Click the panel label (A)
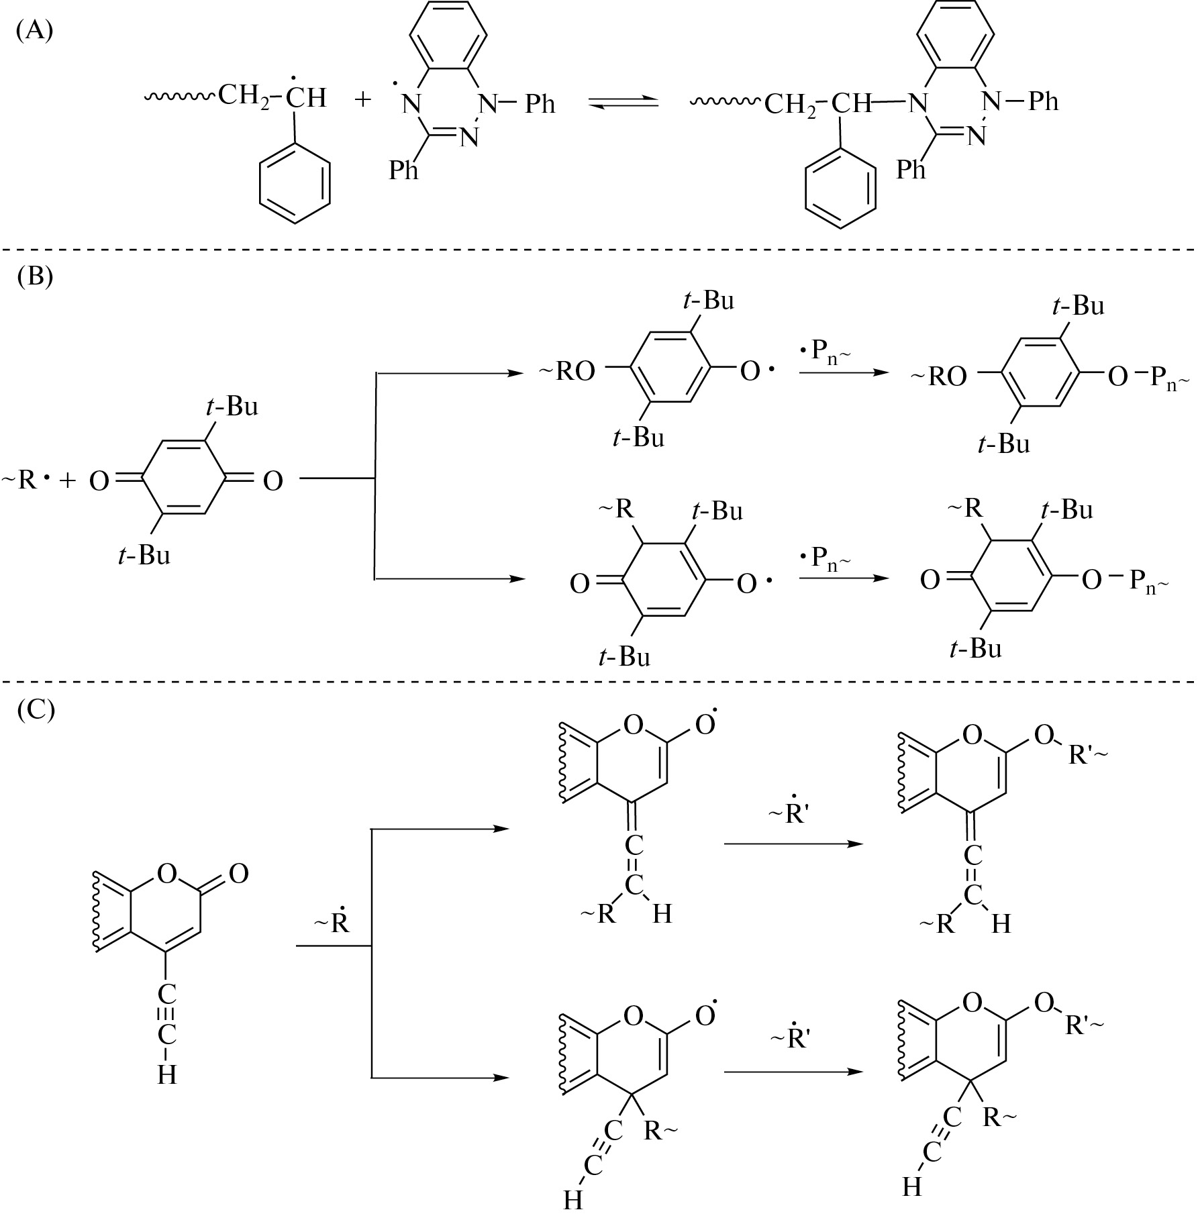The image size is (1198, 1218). coord(34,32)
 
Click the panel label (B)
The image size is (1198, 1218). coord(34,276)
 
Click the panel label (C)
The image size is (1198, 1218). coord(35,709)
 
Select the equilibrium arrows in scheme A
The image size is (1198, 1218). coord(623,103)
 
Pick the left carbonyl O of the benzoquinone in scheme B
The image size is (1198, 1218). coord(99,481)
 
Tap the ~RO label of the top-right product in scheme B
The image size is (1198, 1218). coord(939,377)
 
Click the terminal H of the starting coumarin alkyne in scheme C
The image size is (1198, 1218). coord(167,1075)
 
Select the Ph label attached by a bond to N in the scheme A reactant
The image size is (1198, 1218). coord(540,104)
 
